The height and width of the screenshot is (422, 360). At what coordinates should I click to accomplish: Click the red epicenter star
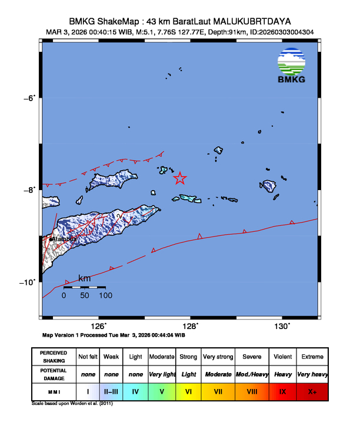(180, 178)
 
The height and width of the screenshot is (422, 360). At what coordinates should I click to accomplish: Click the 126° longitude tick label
(98, 326)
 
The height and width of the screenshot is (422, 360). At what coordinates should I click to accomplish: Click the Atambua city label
(64, 240)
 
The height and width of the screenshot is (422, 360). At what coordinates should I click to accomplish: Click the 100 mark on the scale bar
(105, 295)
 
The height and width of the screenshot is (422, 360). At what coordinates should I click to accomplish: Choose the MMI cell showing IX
(282, 390)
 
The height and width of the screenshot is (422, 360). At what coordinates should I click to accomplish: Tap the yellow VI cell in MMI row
(189, 390)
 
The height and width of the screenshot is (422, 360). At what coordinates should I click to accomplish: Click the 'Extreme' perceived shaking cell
(312, 357)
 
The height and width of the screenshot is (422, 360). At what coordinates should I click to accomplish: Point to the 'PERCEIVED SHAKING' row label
(53, 357)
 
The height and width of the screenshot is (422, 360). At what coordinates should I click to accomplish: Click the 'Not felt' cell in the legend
(88, 357)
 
